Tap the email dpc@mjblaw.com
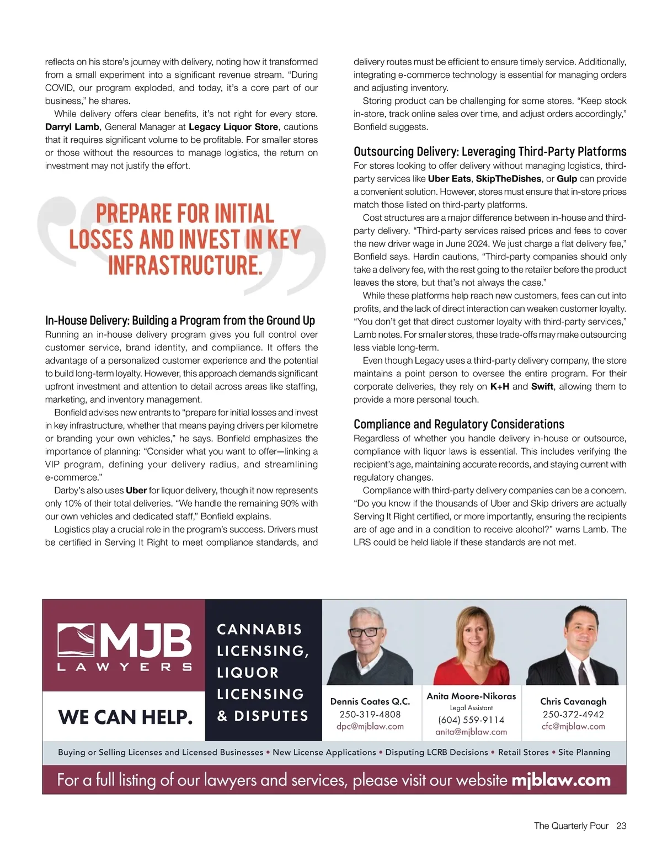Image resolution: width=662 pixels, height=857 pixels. pyautogui.click(x=370, y=726)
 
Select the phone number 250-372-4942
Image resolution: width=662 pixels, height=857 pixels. pyautogui.click(x=573, y=714)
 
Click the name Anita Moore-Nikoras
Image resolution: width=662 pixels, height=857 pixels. pyautogui.click(x=471, y=696)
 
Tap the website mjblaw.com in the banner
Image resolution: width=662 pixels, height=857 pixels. pyautogui.click(x=561, y=780)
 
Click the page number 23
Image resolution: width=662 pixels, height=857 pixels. pyautogui.click(x=621, y=826)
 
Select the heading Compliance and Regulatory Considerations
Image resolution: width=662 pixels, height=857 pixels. pyautogui.click(x=458, y=424)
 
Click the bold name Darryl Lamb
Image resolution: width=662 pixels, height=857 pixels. pyautogui.click(x=72, y=127)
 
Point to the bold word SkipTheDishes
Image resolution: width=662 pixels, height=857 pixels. pyautogui.click(x=508, y=179)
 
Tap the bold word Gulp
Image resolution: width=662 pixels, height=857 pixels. pyautogui.click(x=567, y=179)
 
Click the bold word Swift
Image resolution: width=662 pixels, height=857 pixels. pyautogui.click(x=542, y=387)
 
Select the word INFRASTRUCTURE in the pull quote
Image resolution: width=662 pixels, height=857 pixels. pyautogui.click(x=185, y=265)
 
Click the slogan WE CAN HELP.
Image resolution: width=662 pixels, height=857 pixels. pyautogui.click(x=125, y=717)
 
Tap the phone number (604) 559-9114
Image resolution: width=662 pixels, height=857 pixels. pyautogui.click(x=471, y=720)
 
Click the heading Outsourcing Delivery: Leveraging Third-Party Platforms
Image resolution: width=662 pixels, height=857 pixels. pyautogui.click(x=489, y=152)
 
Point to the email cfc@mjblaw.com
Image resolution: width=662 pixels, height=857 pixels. pyautogui.click(x=573, y=726)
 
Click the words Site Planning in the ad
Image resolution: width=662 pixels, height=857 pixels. pyautogui.click(x=584, y=752)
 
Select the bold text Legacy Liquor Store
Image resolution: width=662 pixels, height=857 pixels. pyautogui.click(x=233, y=127)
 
